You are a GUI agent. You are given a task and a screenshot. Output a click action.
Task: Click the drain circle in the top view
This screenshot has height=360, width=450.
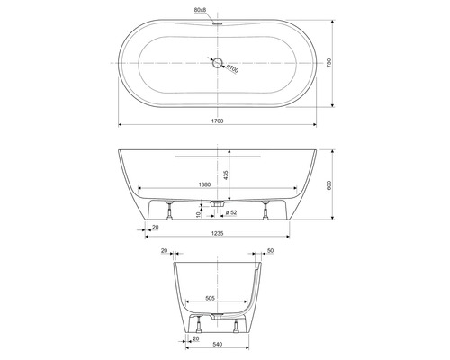[217, 63]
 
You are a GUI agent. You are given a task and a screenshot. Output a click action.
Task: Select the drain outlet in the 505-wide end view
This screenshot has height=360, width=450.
[217, 316]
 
